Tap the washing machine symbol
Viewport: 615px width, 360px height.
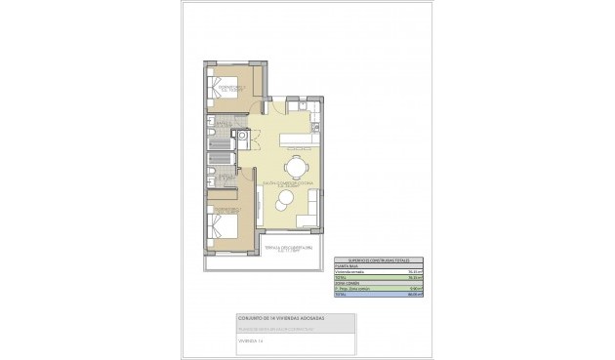click(229, 136)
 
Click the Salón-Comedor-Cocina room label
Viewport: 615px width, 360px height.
click(283, 182)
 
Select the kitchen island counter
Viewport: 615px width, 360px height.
click(297, 139)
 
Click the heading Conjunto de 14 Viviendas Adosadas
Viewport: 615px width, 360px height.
click(280, 318)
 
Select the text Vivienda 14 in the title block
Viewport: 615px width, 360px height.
click(252, 340)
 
